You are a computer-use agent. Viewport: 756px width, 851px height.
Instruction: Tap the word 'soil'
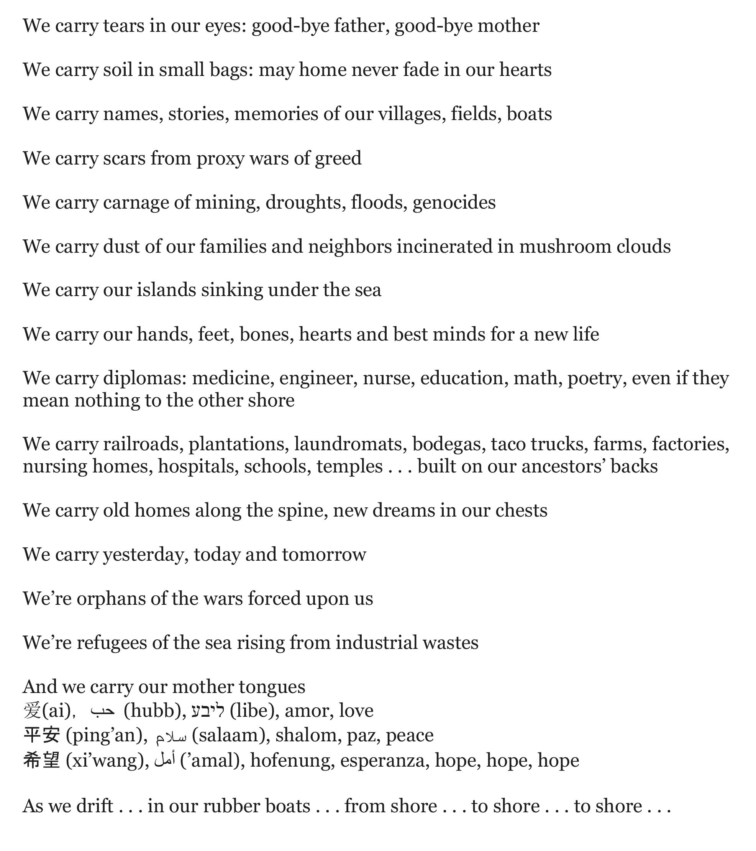coord(118,69)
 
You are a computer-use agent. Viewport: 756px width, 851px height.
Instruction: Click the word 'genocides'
coord(454,203)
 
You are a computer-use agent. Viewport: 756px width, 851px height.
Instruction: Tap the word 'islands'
coord(166,290)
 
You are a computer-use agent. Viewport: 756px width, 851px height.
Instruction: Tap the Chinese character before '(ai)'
coord(32,711)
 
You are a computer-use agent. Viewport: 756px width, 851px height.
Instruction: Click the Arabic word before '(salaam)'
coord(171,736)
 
